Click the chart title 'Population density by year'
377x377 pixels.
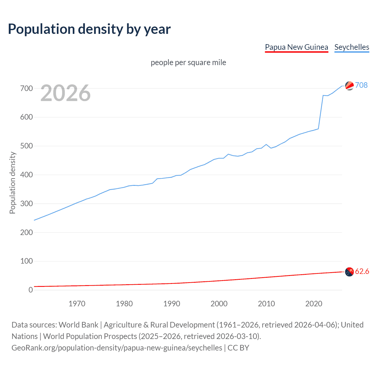point(89,29)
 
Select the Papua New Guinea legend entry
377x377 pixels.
point(296,47)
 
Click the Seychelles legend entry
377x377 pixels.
point(352,47)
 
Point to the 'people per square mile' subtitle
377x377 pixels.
point(188,62)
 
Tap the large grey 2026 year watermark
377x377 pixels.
point(65,93)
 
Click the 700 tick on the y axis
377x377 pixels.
point(27,88)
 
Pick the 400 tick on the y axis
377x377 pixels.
point(27,175)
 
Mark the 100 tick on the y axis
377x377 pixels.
point(27,261)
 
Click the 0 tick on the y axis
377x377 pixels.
point(31,290)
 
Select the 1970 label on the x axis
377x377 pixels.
point(77,304)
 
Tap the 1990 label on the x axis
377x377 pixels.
point(172,304)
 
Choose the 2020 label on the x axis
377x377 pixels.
point(314,304)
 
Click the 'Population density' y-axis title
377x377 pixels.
point(12,183)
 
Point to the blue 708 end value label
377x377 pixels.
point(361,85)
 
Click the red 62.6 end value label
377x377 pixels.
point(362,271)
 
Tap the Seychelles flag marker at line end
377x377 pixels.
point(349,86)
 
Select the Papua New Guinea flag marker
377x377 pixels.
point(349,272)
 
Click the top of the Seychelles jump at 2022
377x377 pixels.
point(323,95)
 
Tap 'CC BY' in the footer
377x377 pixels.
point(238,348)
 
